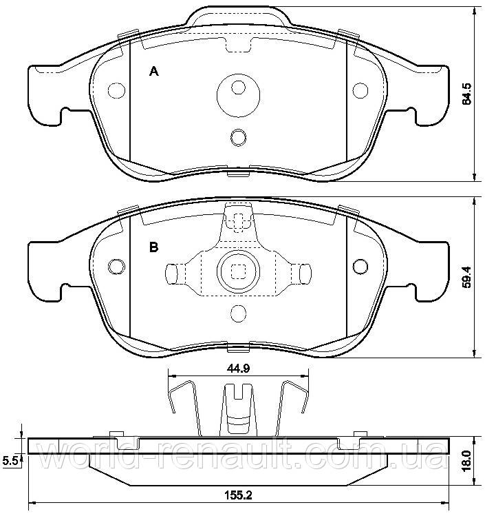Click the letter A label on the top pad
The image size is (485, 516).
point(154,71)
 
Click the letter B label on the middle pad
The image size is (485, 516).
point(154,247)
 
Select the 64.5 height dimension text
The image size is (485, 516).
point(466,94)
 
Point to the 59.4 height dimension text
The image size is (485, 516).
point(466,277)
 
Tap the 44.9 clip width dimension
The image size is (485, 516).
point(238,368)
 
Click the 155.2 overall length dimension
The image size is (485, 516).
point(238,495)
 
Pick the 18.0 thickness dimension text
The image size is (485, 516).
point(466,461)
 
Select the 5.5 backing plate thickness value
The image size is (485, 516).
point(9,461)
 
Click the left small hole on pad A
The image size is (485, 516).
point(117,90)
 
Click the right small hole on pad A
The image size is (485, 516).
point(360,90)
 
